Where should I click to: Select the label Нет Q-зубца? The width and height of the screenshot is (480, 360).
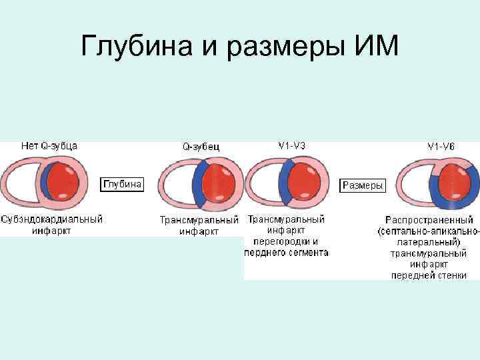point(49,145)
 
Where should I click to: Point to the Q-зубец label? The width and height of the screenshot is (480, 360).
point(201,146)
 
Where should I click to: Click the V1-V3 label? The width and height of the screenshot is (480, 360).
point(292,145)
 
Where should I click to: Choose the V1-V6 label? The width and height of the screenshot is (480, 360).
point(441,145)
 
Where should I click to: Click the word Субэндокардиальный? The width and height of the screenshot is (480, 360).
point(52,219)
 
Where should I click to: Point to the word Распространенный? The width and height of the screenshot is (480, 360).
point(429,219)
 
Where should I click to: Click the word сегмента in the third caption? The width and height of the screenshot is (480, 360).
point(306,253)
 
